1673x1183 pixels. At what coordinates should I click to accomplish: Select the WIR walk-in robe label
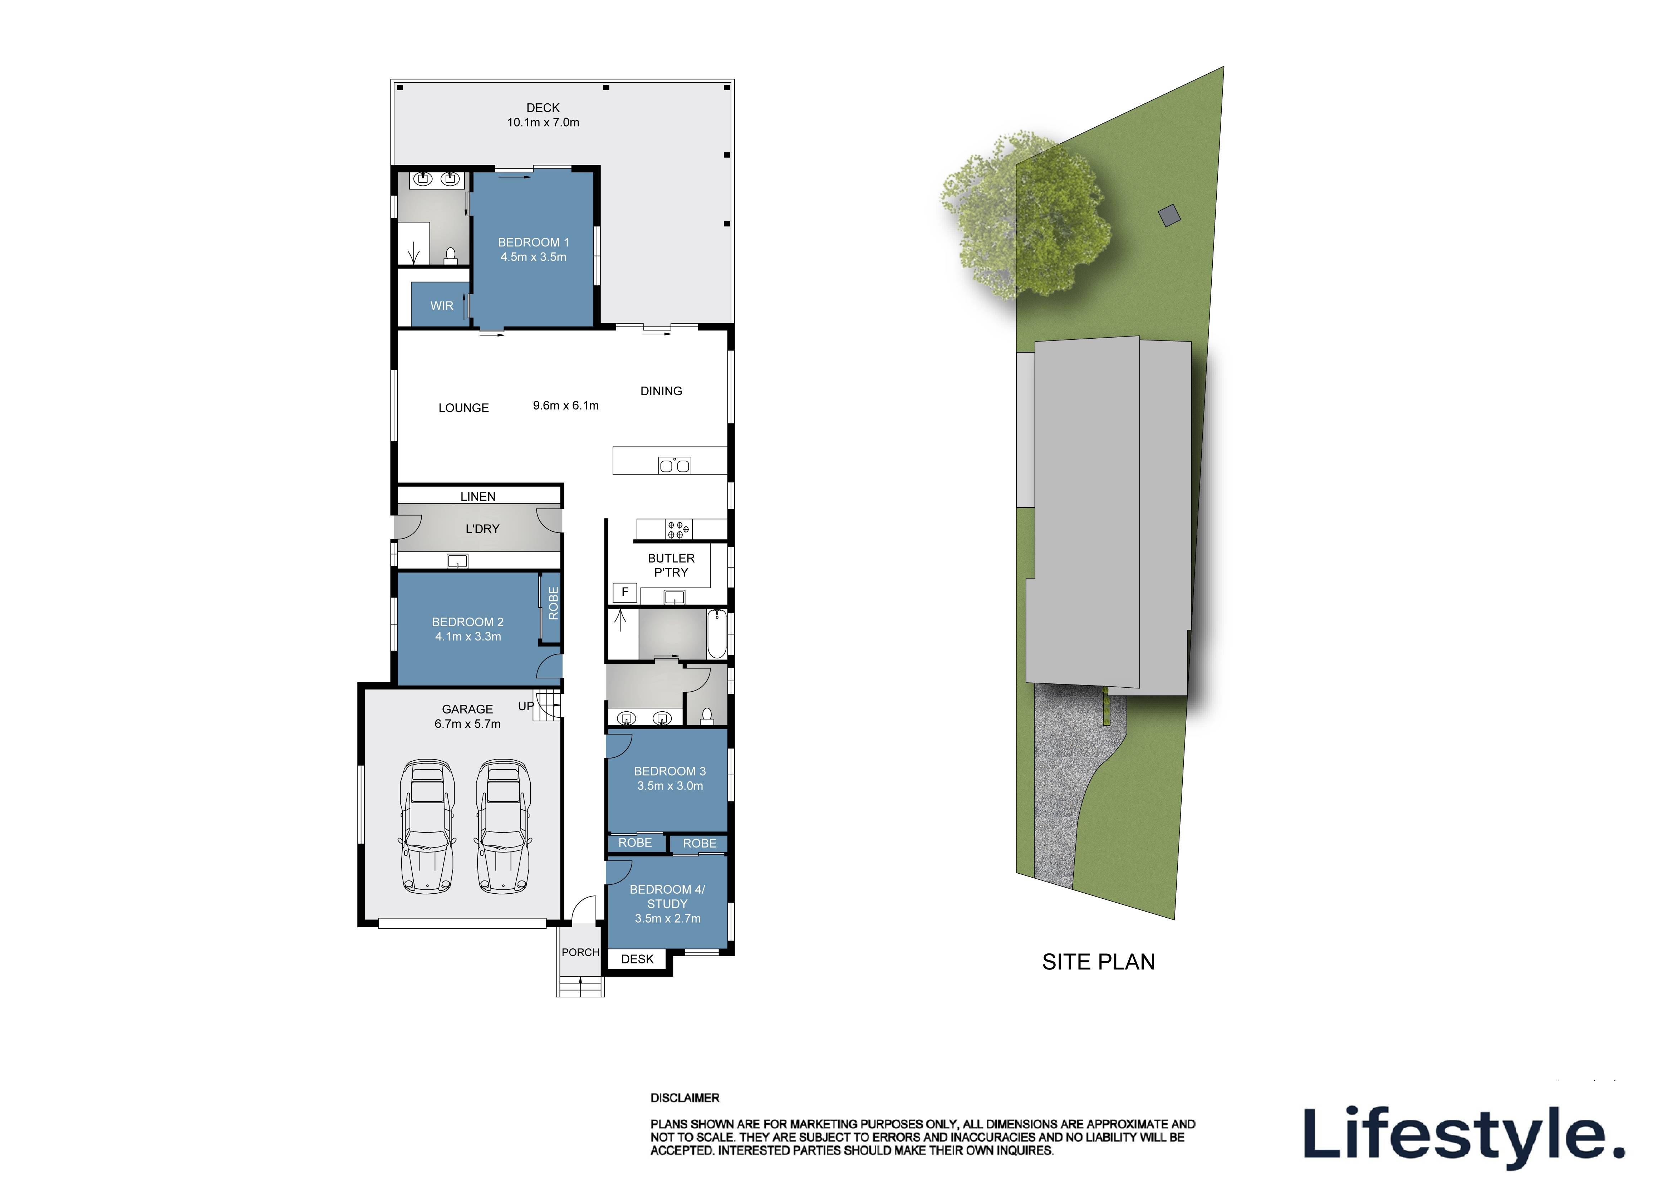(x=442, y=306)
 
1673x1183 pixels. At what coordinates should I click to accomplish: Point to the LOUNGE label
(x=463, y=408)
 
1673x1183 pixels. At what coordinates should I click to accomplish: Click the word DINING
(x=661, y=391)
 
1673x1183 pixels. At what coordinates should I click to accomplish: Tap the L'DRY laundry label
(x=482, y=529)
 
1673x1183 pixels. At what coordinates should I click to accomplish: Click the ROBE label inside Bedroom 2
(x=553, y=603)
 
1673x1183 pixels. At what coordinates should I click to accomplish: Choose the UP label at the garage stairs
(x=525, y=706)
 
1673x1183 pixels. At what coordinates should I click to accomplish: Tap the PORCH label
(x=580, y=952)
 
